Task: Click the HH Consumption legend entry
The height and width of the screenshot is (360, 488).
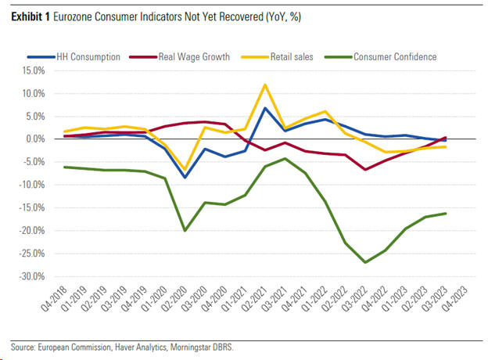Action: click(x=88, y=56)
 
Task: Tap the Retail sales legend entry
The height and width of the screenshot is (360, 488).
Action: click(x=292, y=56)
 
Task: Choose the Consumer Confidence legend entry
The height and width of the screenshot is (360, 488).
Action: click(x=394, y=56)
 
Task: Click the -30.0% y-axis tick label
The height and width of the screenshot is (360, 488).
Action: click(x=34, y=277)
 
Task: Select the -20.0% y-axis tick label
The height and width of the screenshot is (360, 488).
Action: click(x=34, y=231)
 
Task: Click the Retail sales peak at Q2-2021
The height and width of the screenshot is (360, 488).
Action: click(x=266, y=85)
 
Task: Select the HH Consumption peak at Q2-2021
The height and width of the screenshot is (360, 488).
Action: click(x=266, y=108)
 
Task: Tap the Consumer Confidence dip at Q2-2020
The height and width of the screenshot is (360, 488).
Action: click(x=185, y=230)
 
